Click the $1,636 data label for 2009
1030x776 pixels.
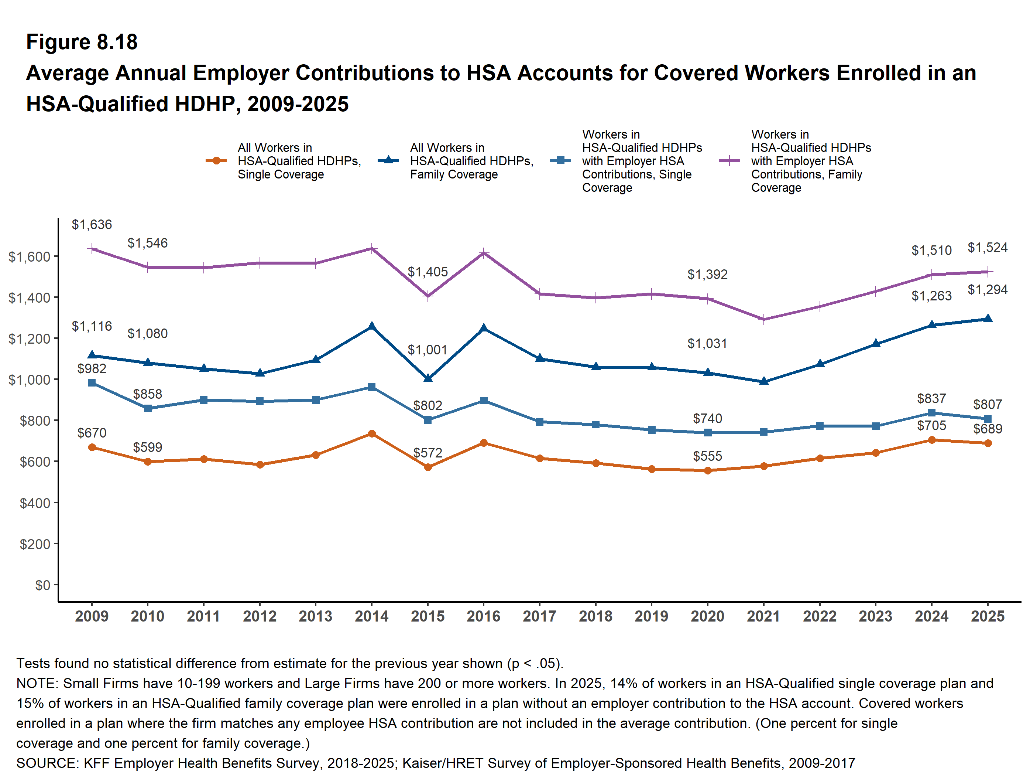pos(92,225)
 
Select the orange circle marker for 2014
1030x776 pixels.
pos(372,434)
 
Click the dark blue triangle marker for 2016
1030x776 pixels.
pos(484,328)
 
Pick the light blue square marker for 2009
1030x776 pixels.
pos(92,383)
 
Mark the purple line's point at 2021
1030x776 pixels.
pos(764,320)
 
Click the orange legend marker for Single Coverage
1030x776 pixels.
pos(216,161)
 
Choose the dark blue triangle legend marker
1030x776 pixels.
pos(388,160)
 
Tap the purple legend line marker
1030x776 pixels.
pos(729,161)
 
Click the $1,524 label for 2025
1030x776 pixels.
pos(987,248)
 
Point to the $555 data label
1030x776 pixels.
pos(707,456)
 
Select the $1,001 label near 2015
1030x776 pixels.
pos(428,350)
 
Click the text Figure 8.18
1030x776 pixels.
pos(82,42)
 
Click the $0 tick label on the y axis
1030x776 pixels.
pos(42,585)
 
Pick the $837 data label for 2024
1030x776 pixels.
pos(931,399)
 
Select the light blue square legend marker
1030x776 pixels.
pos(560,161)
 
